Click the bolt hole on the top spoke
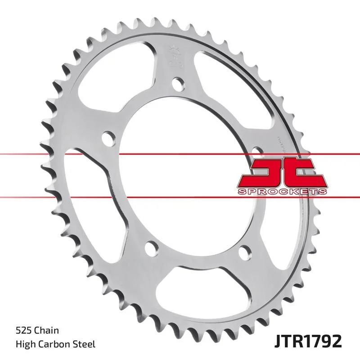coord(178,83)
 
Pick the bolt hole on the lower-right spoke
coord(245,250)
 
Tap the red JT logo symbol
coord(281,173)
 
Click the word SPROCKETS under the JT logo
coord(281,192)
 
